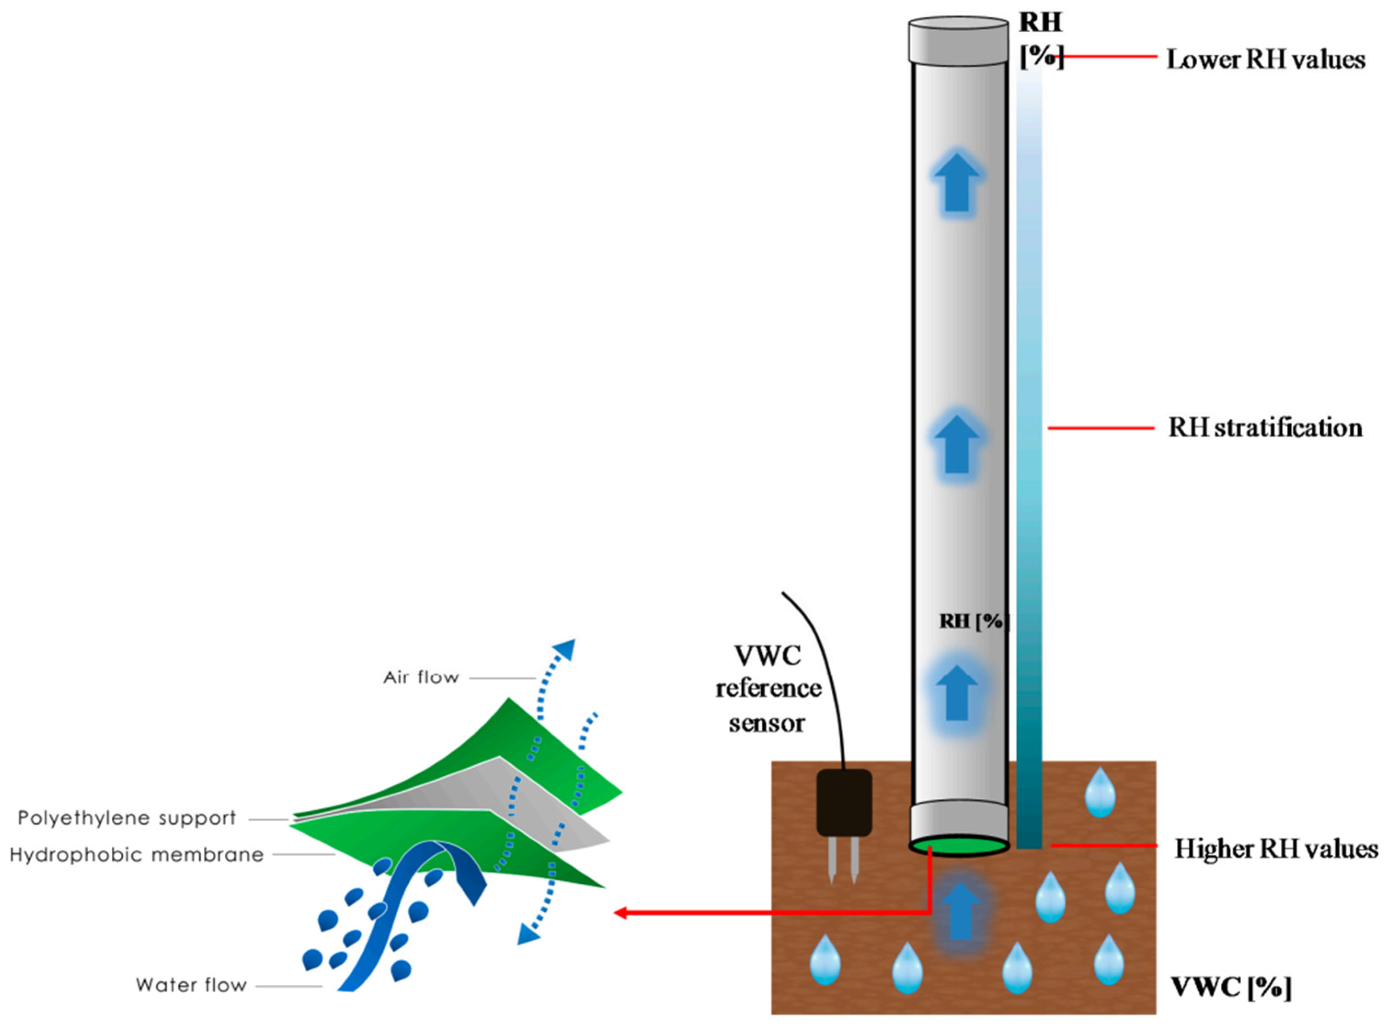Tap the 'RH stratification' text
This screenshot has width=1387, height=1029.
point(1265,428)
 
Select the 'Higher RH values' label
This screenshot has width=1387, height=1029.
point(1276,849)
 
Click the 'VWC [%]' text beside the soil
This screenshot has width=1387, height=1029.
point(1230,987)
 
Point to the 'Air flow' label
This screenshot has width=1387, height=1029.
point(421,677)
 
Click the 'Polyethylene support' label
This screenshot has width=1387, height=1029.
point(127,818)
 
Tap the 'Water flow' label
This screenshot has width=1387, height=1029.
point(191,985)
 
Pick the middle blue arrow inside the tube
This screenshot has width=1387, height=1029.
point(957,444)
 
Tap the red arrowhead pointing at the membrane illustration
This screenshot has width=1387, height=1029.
point(621,913)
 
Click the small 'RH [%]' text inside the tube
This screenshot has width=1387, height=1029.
point(973,621)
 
